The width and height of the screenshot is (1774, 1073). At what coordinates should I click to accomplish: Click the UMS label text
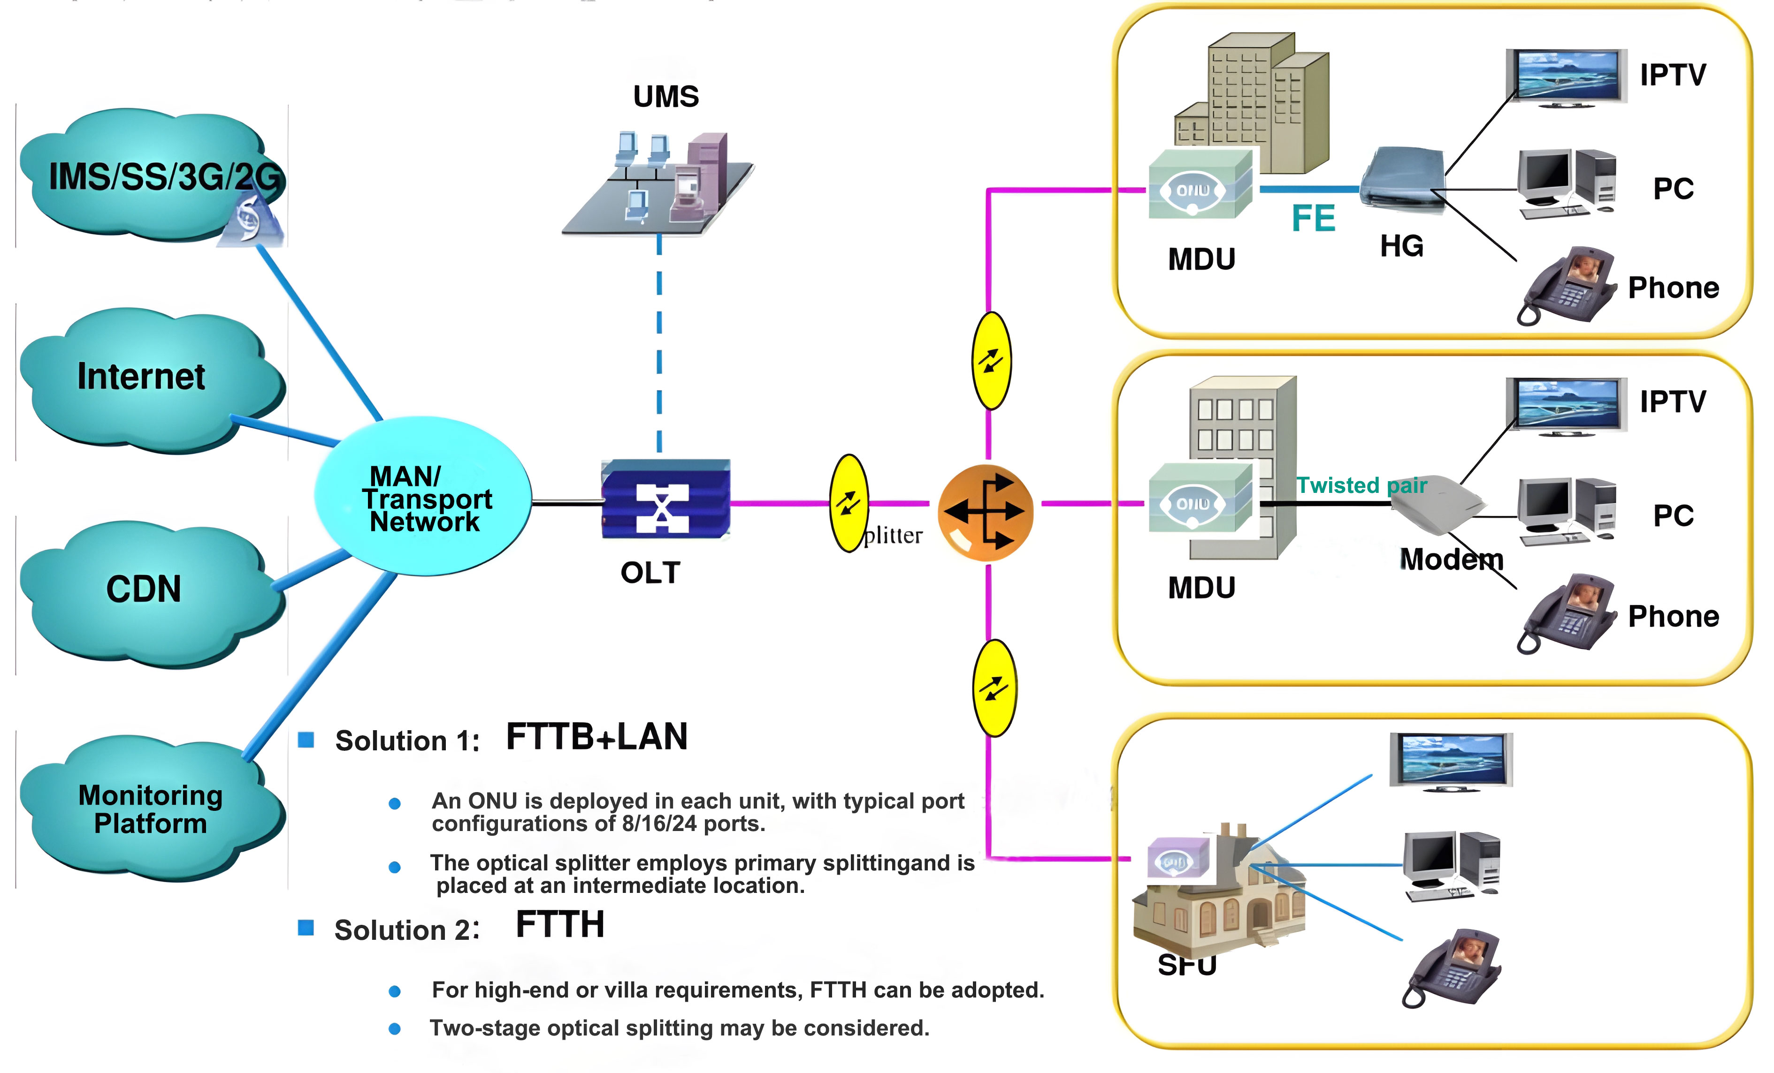coord(665,97)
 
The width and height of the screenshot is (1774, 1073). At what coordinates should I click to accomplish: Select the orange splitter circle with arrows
coord(985,513)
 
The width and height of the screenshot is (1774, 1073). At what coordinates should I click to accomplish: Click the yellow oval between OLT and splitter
coord(849,503)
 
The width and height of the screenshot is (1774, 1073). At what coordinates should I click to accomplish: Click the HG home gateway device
coord(1402,179)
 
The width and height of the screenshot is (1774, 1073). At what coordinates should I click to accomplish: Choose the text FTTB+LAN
coord(596,737)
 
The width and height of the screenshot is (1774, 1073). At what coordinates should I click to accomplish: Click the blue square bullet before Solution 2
coord(306,928)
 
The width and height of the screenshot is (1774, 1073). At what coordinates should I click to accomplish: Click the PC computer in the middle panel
coord(1566,512)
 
